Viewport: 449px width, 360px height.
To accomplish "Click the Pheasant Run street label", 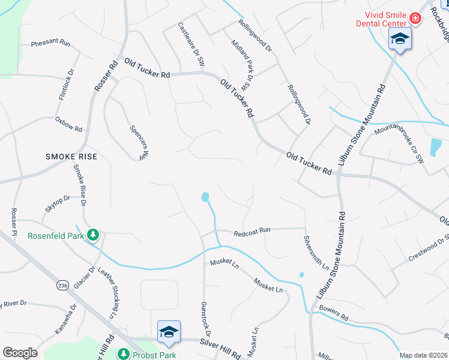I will (50, 44).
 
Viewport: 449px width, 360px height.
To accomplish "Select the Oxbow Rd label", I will (68, 124).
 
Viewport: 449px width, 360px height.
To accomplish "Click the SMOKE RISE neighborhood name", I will (71, 157).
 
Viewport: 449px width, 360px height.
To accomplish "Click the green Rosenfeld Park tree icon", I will (93, 235).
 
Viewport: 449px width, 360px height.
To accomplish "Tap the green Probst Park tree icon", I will (124, 354).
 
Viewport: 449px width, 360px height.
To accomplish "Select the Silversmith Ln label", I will (316, 252).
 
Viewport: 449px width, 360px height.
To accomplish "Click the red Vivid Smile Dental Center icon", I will (414, 19).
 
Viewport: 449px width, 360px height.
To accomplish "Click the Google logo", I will (20, 353).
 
